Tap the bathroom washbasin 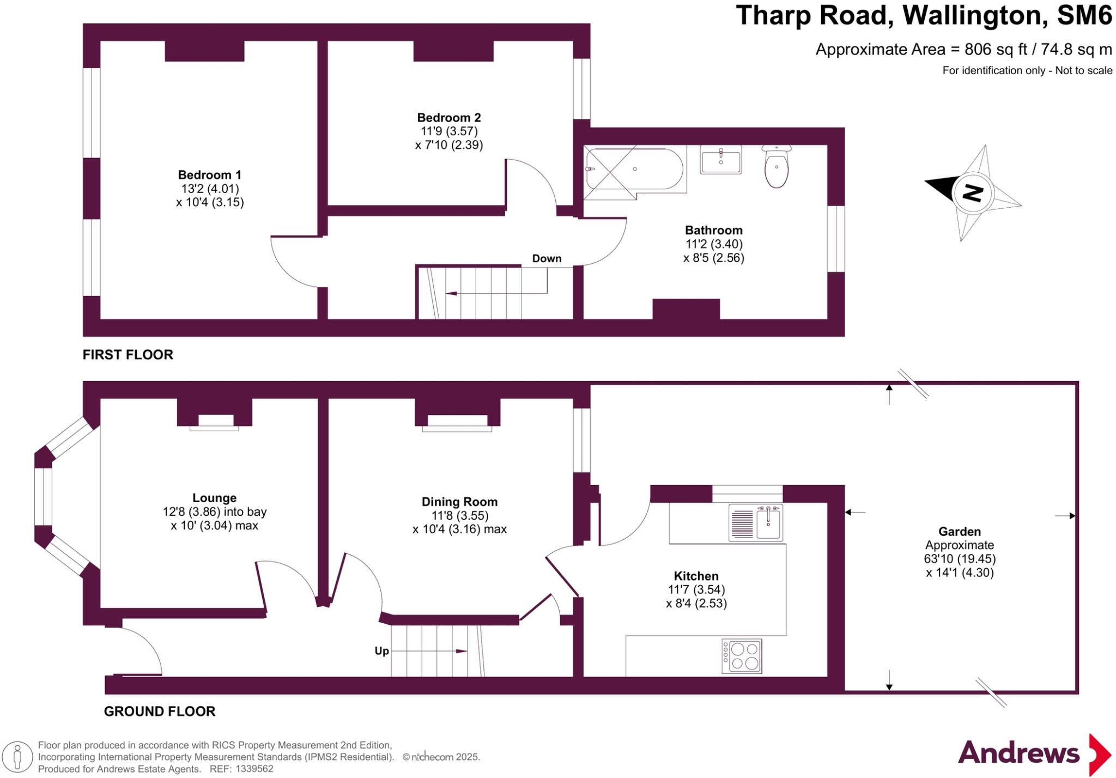(720, 160)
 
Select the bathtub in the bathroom (634, 169)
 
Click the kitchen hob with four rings (742, 656)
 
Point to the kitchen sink (756, 523)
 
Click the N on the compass (973, 192)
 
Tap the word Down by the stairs (547, 258)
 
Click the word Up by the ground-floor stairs (381, 650)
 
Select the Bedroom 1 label (210, 175)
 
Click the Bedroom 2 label (449, 118)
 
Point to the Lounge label (215, 498)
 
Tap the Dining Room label (459, 502)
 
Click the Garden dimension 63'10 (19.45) (960, 559)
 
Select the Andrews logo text (1018, 753)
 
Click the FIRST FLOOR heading (128, 355)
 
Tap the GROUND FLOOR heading (160, 711)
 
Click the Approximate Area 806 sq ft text (963, 50)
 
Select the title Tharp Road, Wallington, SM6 (924, 15)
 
